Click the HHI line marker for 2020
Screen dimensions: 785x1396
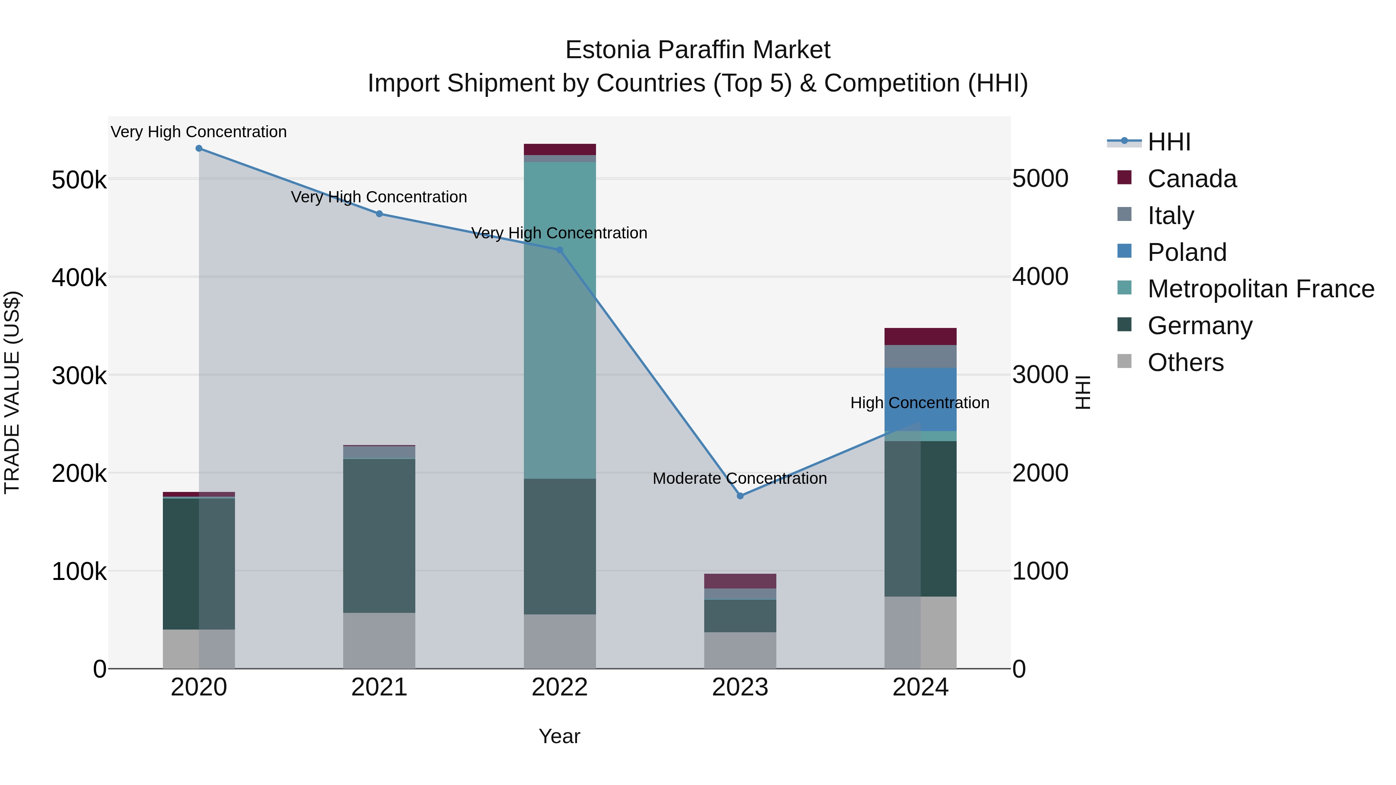point(199,148)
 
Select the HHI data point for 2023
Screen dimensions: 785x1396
point(740,496)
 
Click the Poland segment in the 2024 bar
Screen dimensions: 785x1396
point(920,399)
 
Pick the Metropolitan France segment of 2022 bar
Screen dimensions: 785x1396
point(560,320)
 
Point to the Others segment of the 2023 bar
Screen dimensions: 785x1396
point(740,650)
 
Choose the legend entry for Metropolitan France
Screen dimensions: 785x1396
point(1261,289)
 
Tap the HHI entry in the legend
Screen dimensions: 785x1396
point(1169,142)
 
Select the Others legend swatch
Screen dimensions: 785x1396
point(1125,362)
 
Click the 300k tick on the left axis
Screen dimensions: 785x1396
point(79,375)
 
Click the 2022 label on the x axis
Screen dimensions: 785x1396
point(560,687)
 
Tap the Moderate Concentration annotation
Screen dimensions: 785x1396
point(740,478)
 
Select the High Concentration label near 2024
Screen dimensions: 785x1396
point(920,403)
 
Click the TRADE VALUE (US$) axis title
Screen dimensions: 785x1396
point(12,392)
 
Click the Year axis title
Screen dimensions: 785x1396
point(559,736)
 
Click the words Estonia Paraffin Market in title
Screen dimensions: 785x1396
point(698,50)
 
